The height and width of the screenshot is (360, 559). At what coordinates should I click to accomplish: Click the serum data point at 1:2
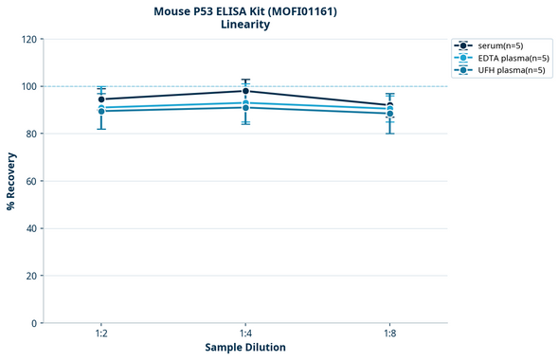tap(101, 99)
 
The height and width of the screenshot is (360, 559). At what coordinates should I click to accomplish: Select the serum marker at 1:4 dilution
tap(245, 91)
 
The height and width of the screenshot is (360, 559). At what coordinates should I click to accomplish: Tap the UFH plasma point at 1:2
tap(101, 111)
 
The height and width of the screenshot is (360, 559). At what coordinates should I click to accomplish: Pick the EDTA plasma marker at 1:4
tap(245, 102)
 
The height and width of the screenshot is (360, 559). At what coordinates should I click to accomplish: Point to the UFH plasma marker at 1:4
tap(245, 107)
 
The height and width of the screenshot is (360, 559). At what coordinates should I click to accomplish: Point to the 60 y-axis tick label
tap(32, 181)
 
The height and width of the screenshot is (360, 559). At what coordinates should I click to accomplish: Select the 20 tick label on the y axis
tap(32, 276)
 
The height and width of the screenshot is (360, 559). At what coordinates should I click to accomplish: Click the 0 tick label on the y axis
tap(35, 323)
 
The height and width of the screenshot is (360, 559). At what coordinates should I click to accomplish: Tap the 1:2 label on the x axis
tap(101, 334)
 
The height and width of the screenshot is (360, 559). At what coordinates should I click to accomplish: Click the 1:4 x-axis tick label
tap(245, 334)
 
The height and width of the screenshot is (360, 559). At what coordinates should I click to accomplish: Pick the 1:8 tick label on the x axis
tap(389, 334)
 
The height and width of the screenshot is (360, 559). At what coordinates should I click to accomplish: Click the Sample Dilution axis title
tap(245, 348)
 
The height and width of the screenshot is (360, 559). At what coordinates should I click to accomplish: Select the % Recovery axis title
tap(11, 181)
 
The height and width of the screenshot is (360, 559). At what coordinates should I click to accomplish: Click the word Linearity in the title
tap(245, 25)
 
